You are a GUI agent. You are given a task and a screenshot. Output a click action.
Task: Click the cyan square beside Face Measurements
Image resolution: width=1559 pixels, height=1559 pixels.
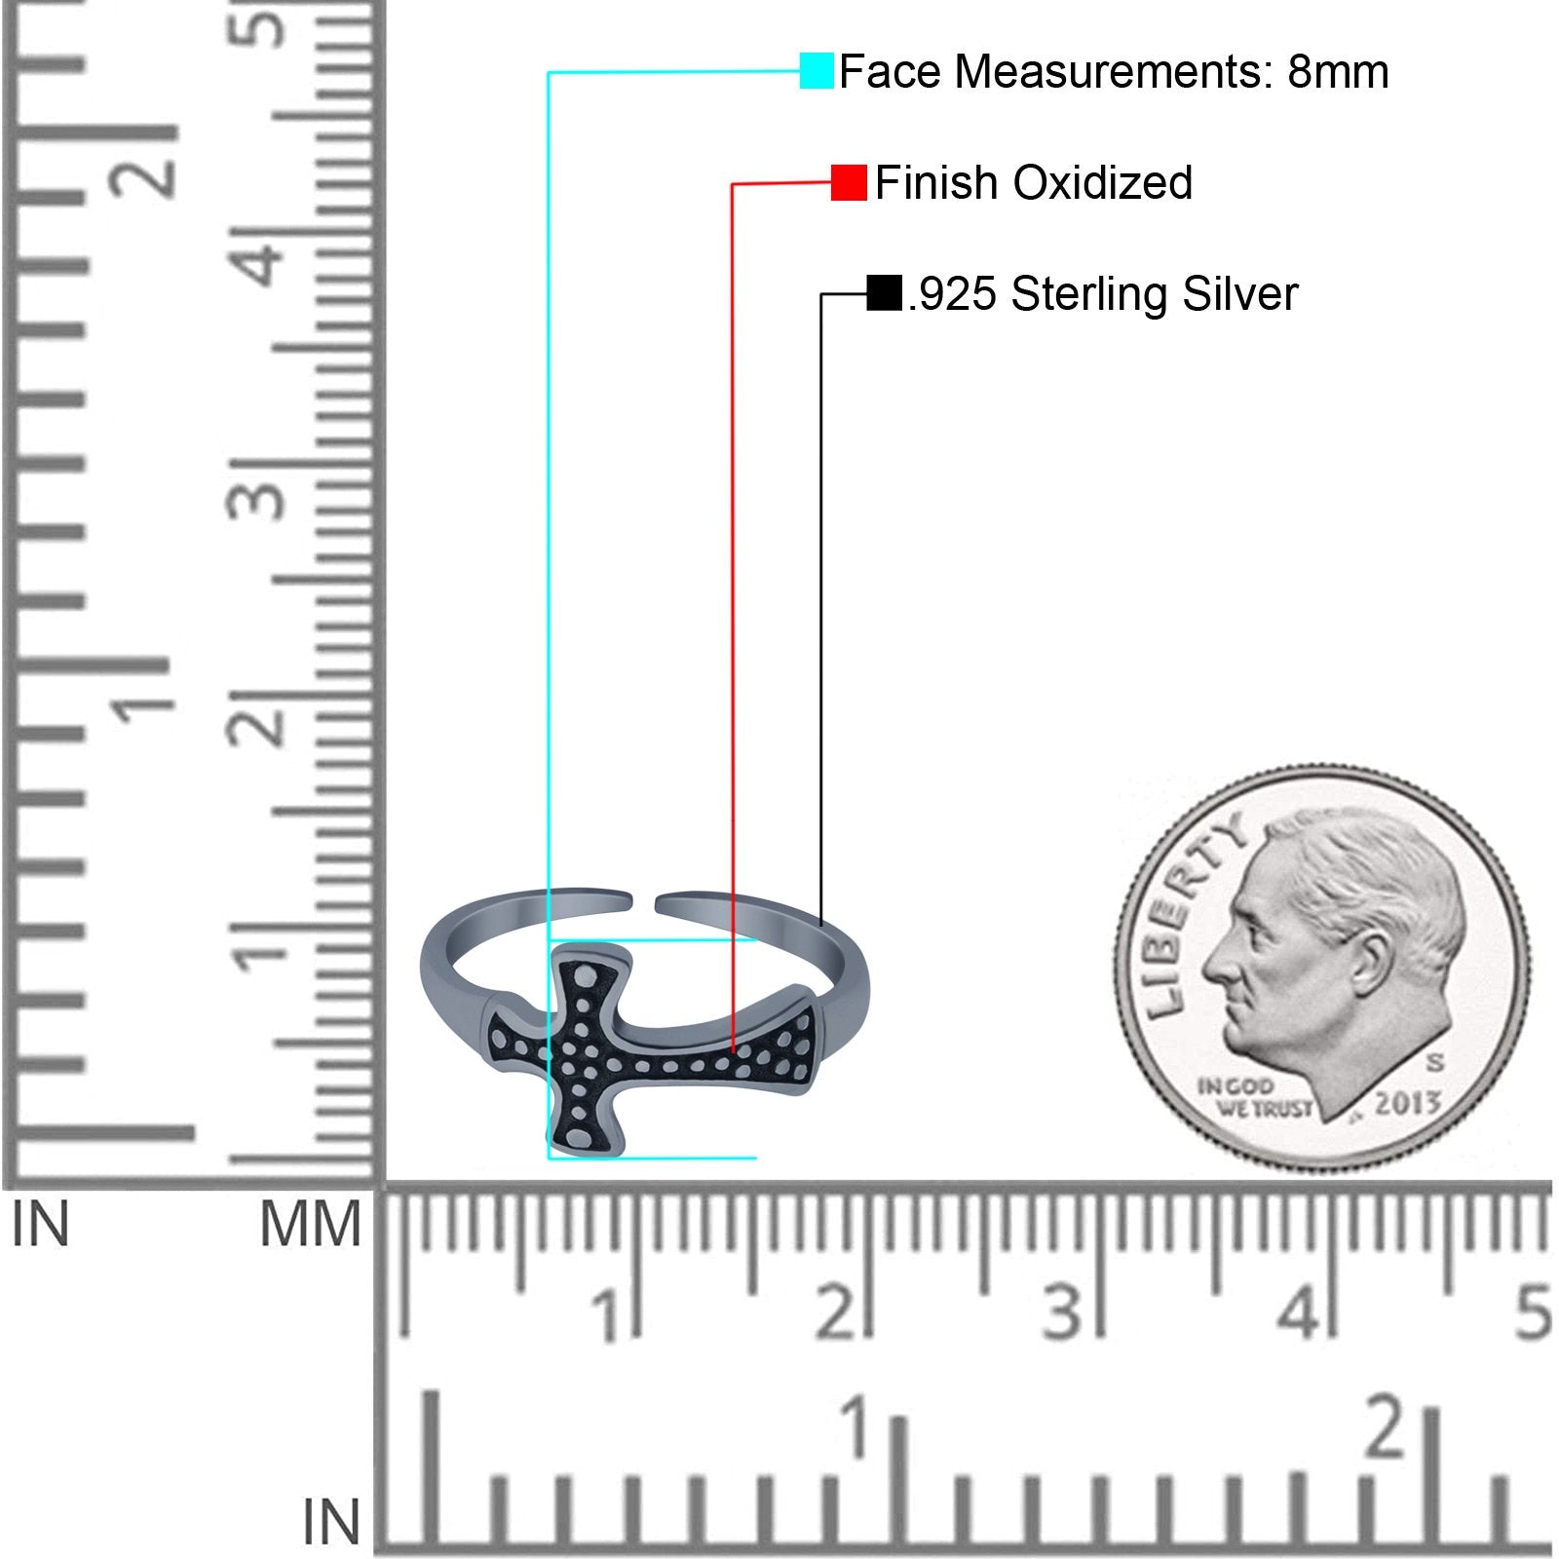[x=817, y=71]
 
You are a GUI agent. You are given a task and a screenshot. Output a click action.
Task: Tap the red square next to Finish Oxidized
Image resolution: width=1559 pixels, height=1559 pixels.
[x=849, y=182]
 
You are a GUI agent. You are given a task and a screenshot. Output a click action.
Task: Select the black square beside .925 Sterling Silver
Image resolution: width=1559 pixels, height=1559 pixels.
[x=884, y=293]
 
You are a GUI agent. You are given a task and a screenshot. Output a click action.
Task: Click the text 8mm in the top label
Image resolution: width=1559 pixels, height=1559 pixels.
[x=1338, y=71]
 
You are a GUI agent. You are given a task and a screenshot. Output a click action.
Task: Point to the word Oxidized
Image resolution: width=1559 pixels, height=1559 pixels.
[x=1103, y=182]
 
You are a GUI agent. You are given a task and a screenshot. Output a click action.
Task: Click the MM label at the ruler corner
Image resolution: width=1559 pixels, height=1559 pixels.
[x=310, y=1225]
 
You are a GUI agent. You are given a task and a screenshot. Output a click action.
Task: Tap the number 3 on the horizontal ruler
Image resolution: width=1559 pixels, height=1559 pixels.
[x=1061, y=1312]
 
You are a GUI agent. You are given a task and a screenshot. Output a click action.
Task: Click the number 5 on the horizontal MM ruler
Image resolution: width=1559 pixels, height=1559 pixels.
[x=1533, y=1312]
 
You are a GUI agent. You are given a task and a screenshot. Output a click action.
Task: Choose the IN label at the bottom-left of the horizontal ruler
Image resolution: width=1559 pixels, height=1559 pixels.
[x=331, y=1522]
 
